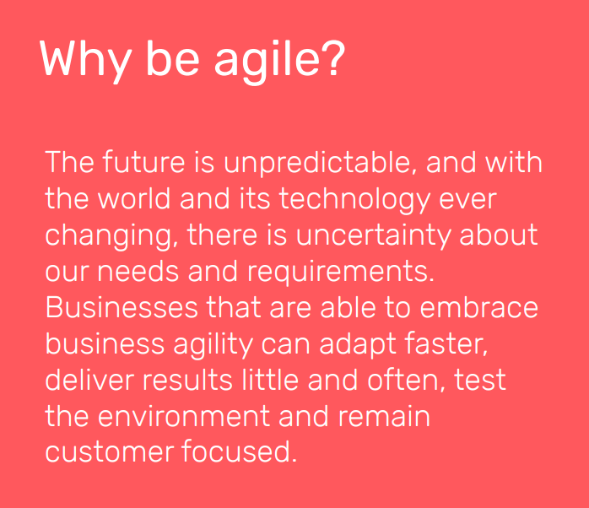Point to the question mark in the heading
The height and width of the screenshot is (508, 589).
tap(332, 58)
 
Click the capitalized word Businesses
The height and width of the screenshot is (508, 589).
tap(122, 307)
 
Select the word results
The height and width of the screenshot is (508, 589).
tap(186, 380)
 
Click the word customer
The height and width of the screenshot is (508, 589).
tap(109, 452)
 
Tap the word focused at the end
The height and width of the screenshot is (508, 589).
tap(240, 452)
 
